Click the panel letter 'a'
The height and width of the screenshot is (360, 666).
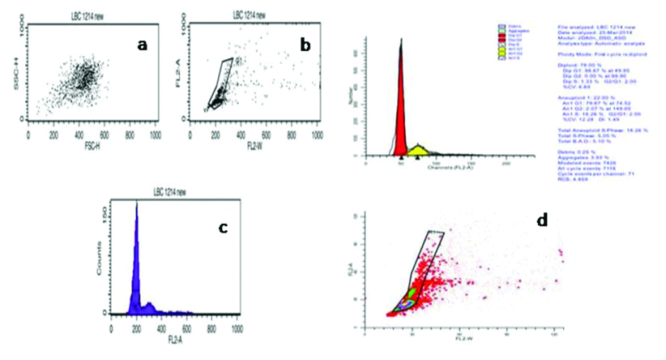click(x=142, y=45)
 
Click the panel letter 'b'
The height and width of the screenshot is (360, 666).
click(x=305, y=45)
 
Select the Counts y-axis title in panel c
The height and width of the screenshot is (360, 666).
click(x=102, y=261)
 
